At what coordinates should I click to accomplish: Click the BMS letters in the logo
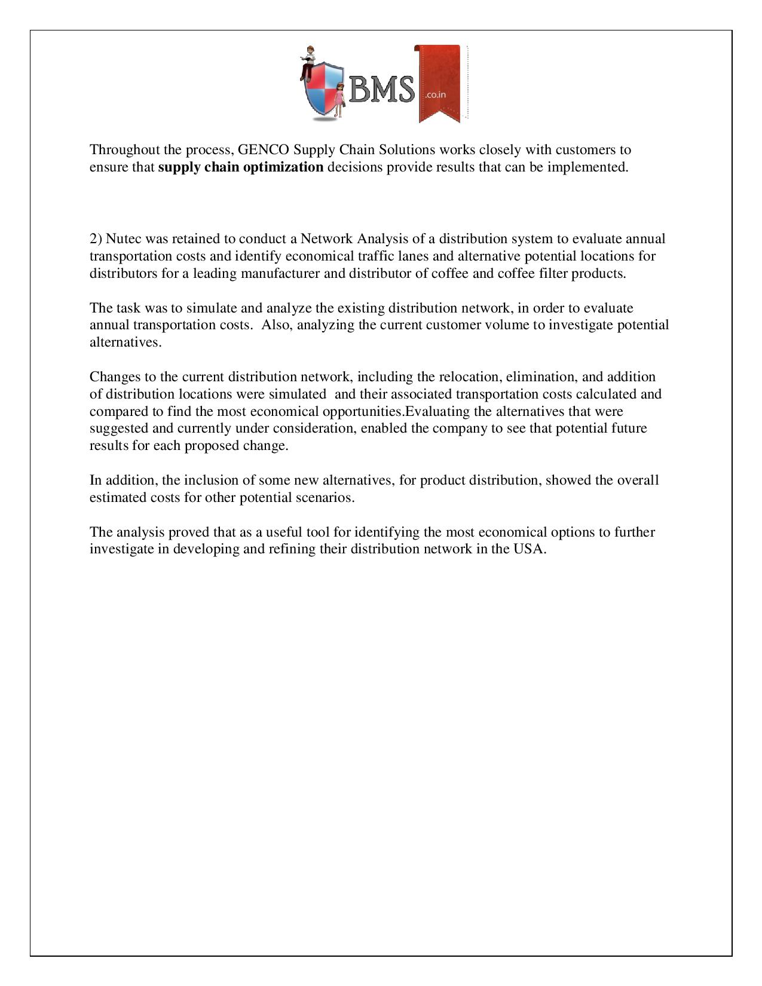pyautogui.click(x=381, y=90)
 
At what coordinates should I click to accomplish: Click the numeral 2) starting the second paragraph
pyautogui.click(x=96, y=239)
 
